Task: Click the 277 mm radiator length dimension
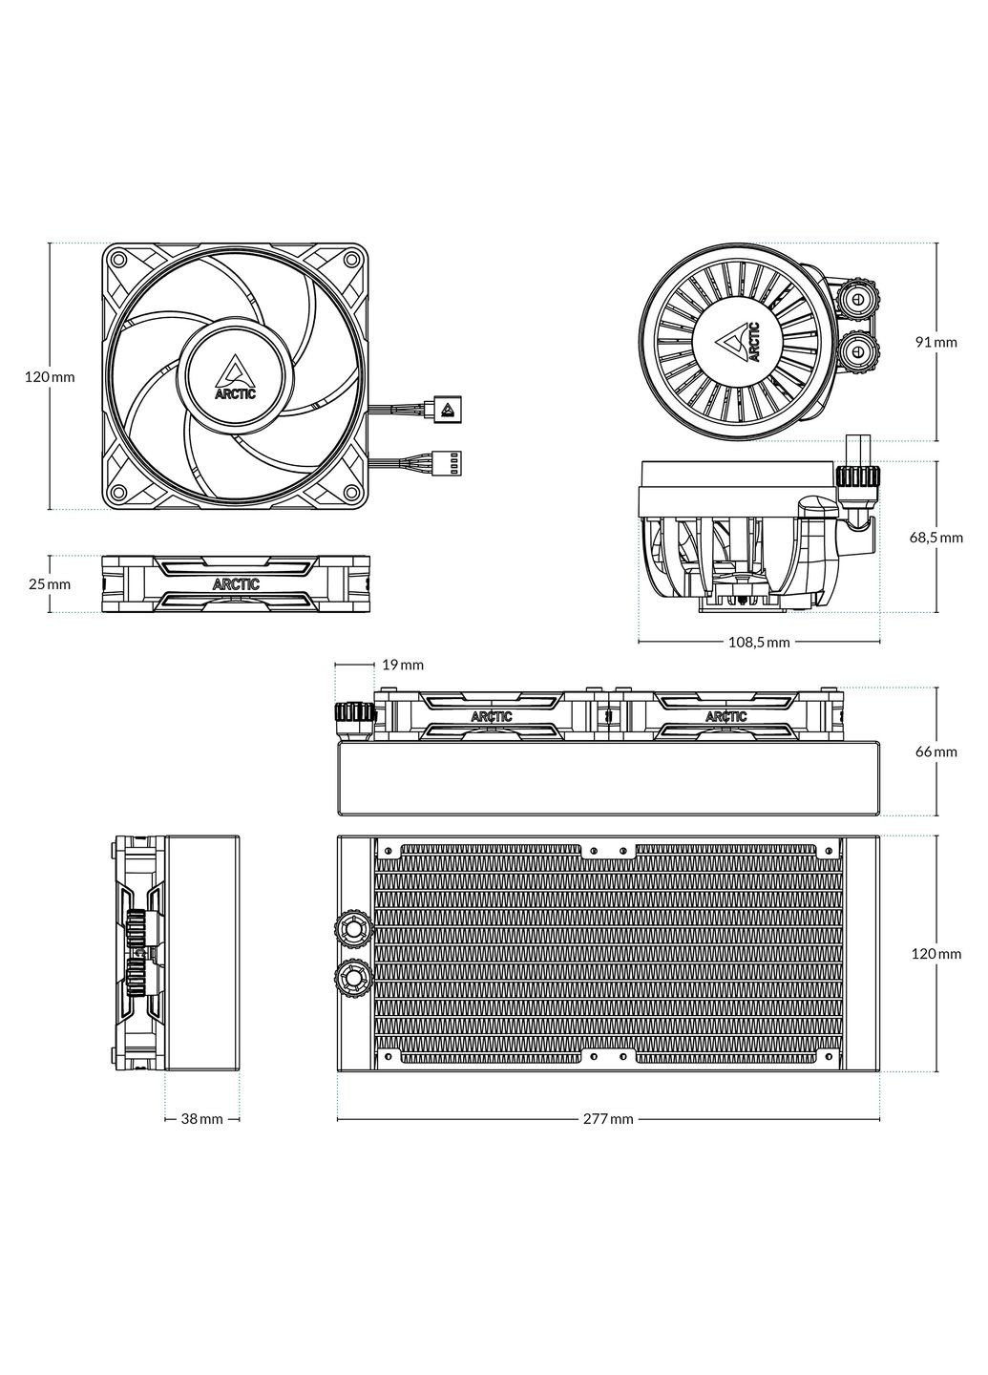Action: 607,1118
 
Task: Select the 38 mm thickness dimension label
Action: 202,1118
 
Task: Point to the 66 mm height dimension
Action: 935,751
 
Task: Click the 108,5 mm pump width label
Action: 759,642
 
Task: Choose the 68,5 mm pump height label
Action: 935,537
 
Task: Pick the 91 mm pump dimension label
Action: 936,342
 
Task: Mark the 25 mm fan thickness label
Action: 50,583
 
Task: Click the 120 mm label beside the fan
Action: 50,377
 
